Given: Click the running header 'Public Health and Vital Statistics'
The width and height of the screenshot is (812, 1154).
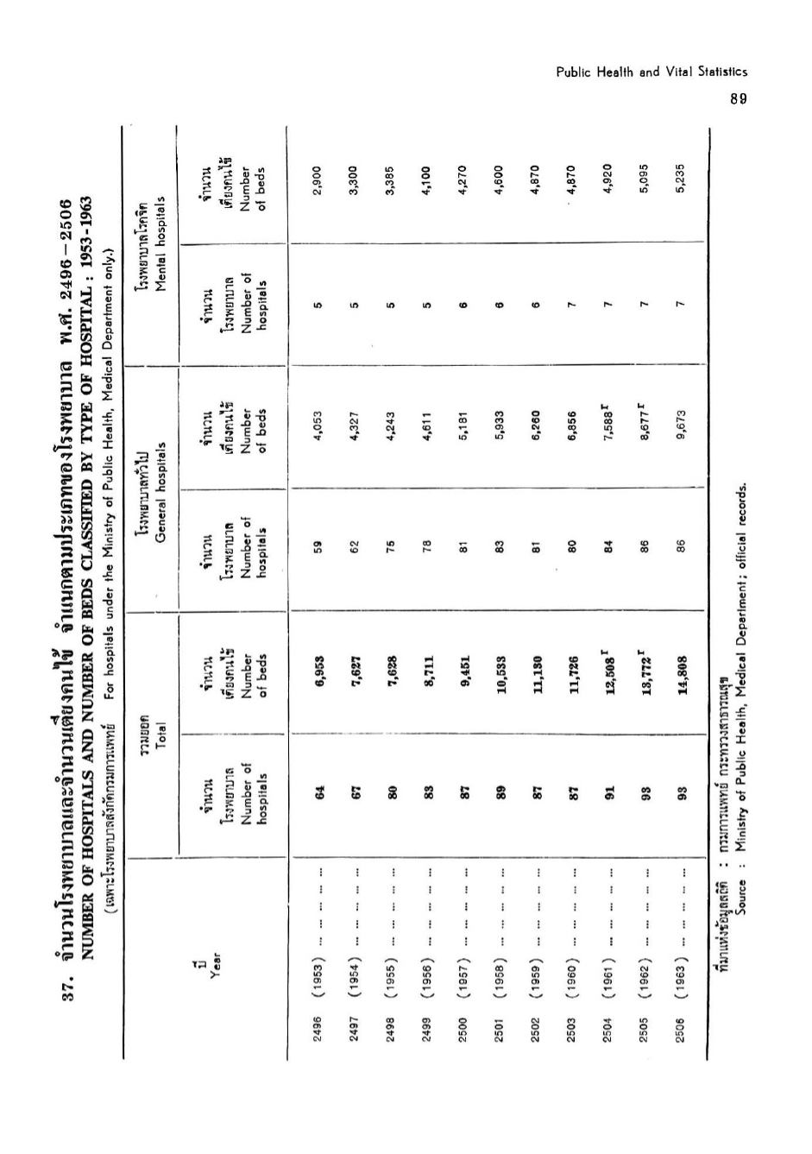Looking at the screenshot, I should (x=651, y=73).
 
